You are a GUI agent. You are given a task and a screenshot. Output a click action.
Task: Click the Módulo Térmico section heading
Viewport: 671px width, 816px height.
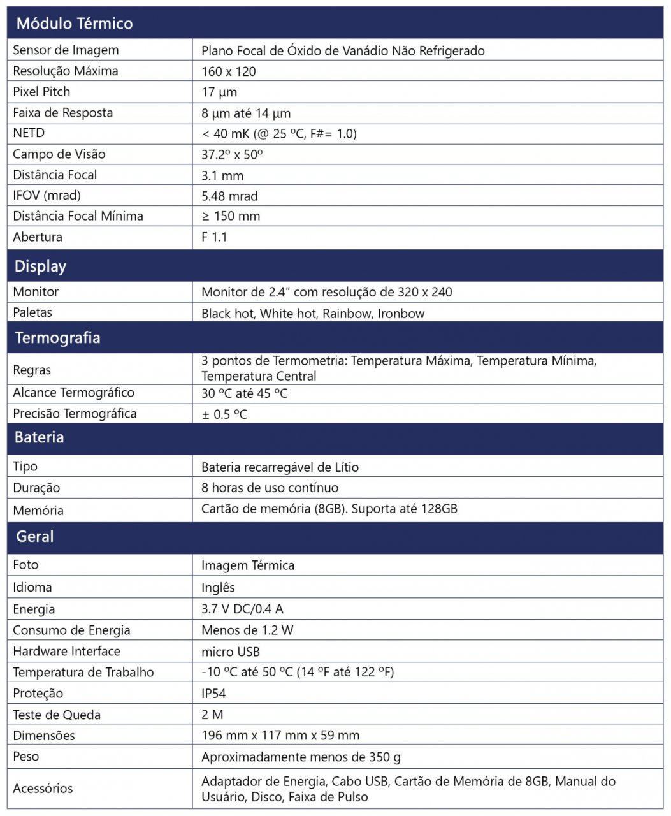point(75,24)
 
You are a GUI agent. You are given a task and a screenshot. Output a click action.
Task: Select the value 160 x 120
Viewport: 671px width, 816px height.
point(229,71)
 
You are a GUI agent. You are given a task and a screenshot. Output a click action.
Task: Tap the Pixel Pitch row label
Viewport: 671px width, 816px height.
point(41,92)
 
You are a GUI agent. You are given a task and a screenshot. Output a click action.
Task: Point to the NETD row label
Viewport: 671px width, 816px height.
point(29,133)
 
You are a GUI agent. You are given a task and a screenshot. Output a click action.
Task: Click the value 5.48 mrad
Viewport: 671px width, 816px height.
point(229,196)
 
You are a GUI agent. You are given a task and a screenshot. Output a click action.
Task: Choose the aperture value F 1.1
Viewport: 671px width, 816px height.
point(214,237)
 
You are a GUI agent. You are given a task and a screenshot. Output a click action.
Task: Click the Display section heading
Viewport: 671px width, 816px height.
point(40,266)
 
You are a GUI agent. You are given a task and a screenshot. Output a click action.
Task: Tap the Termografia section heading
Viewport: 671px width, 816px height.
point(57,338)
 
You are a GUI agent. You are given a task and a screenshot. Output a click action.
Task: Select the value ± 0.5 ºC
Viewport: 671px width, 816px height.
point(224,414)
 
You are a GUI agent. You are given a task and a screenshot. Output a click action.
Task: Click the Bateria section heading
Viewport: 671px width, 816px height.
point(39,438)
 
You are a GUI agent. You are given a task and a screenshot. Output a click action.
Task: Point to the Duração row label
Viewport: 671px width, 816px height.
point(36,488)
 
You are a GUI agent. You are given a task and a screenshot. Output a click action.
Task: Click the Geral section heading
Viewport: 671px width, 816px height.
point(35,537)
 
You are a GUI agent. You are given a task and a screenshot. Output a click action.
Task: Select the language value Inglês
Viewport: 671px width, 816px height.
point(218,588)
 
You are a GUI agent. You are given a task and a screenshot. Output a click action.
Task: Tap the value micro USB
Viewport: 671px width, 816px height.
point(231,652)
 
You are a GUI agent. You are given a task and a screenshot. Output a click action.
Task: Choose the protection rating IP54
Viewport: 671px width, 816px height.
point(213,694)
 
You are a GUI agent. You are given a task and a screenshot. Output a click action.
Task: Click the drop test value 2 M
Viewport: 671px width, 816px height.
point(212,715)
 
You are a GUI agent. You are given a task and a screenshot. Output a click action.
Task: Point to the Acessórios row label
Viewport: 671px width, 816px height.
point(43,789)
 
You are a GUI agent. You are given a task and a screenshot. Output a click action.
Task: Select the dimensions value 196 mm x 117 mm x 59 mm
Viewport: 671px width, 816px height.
point(280,736)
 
